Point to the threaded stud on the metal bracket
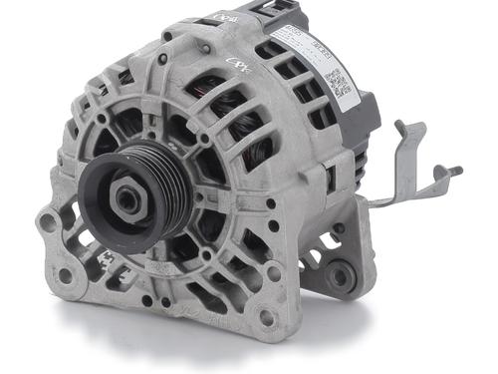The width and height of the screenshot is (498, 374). (453, 172)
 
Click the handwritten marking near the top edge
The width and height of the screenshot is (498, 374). (224, 18)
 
